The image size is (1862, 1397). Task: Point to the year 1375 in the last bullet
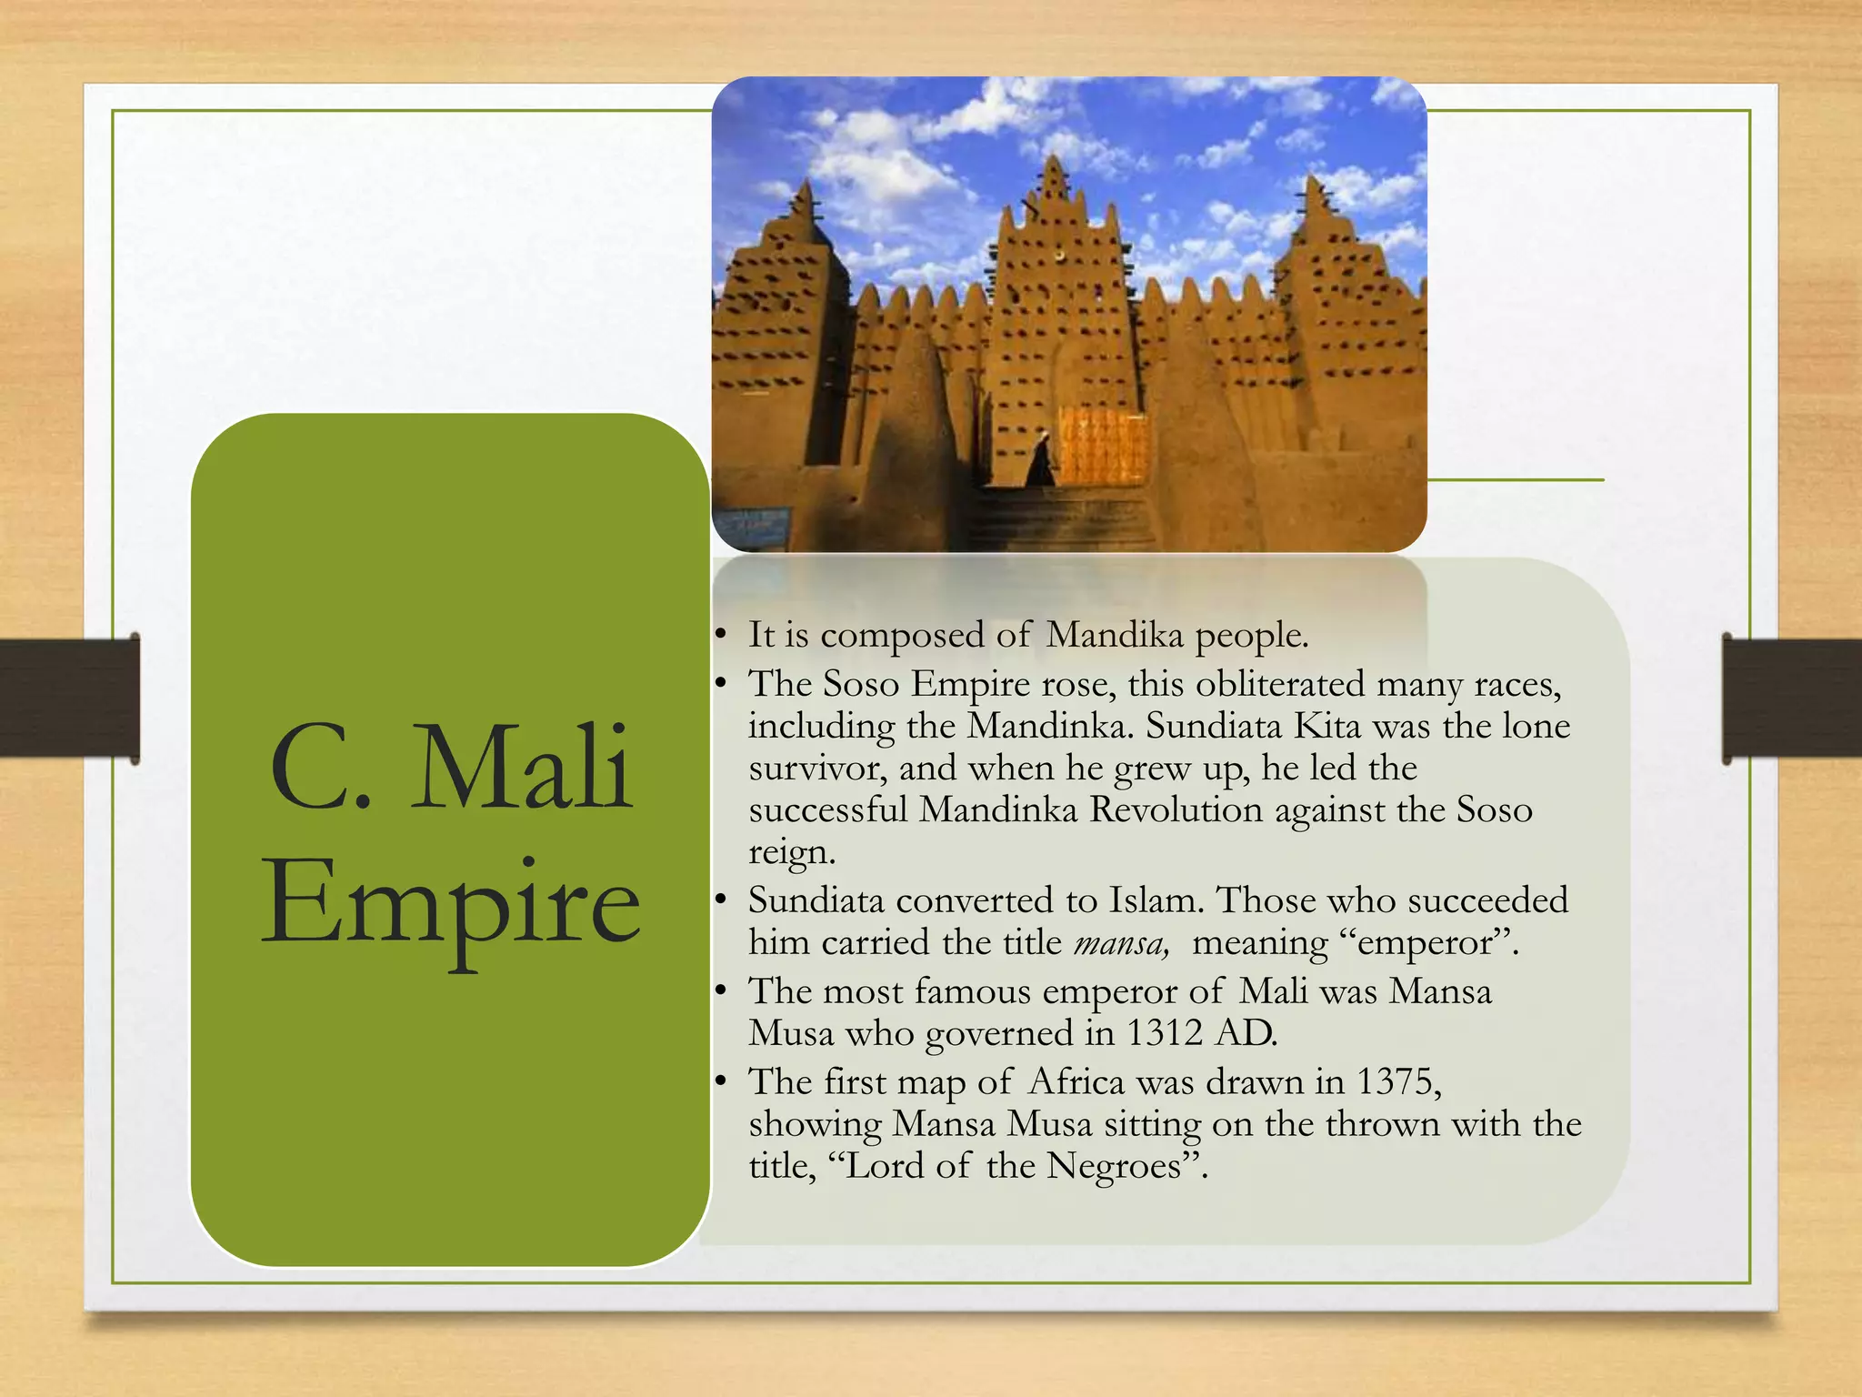click(1396, 1081)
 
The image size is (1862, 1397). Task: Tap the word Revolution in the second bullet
click(1176, 809)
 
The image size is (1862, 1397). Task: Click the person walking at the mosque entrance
click(1042, 460)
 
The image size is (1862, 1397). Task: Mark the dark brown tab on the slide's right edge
click(1791, 698)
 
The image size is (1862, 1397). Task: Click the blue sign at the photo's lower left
click(752, 527)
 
